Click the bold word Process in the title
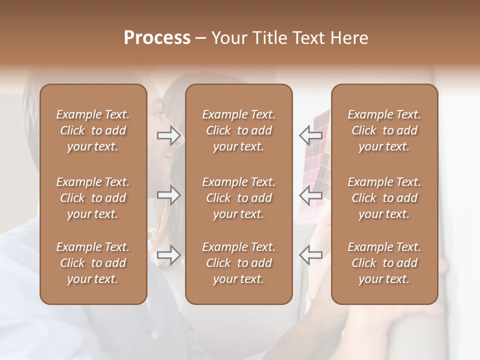(x=157, y=37)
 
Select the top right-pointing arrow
(x=168, y=135)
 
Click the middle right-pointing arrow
(x=168, y=195)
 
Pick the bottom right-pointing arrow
(x=168, y=255)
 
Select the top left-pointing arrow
(x=310, y=135)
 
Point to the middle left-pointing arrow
(x=310, y=195)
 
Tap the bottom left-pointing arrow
(x=310, y=255)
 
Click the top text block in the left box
(x=93, y=130)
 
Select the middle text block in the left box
(x=93, y=198)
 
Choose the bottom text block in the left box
(x=93, y=263)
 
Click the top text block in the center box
(x=239, y=130)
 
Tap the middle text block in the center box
(x=239, y=198)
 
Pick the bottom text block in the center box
(x=239, y=263)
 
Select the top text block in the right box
(x=384, y=130)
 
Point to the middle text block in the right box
(x=384, y=198)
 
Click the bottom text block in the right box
(x=384, y=263)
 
